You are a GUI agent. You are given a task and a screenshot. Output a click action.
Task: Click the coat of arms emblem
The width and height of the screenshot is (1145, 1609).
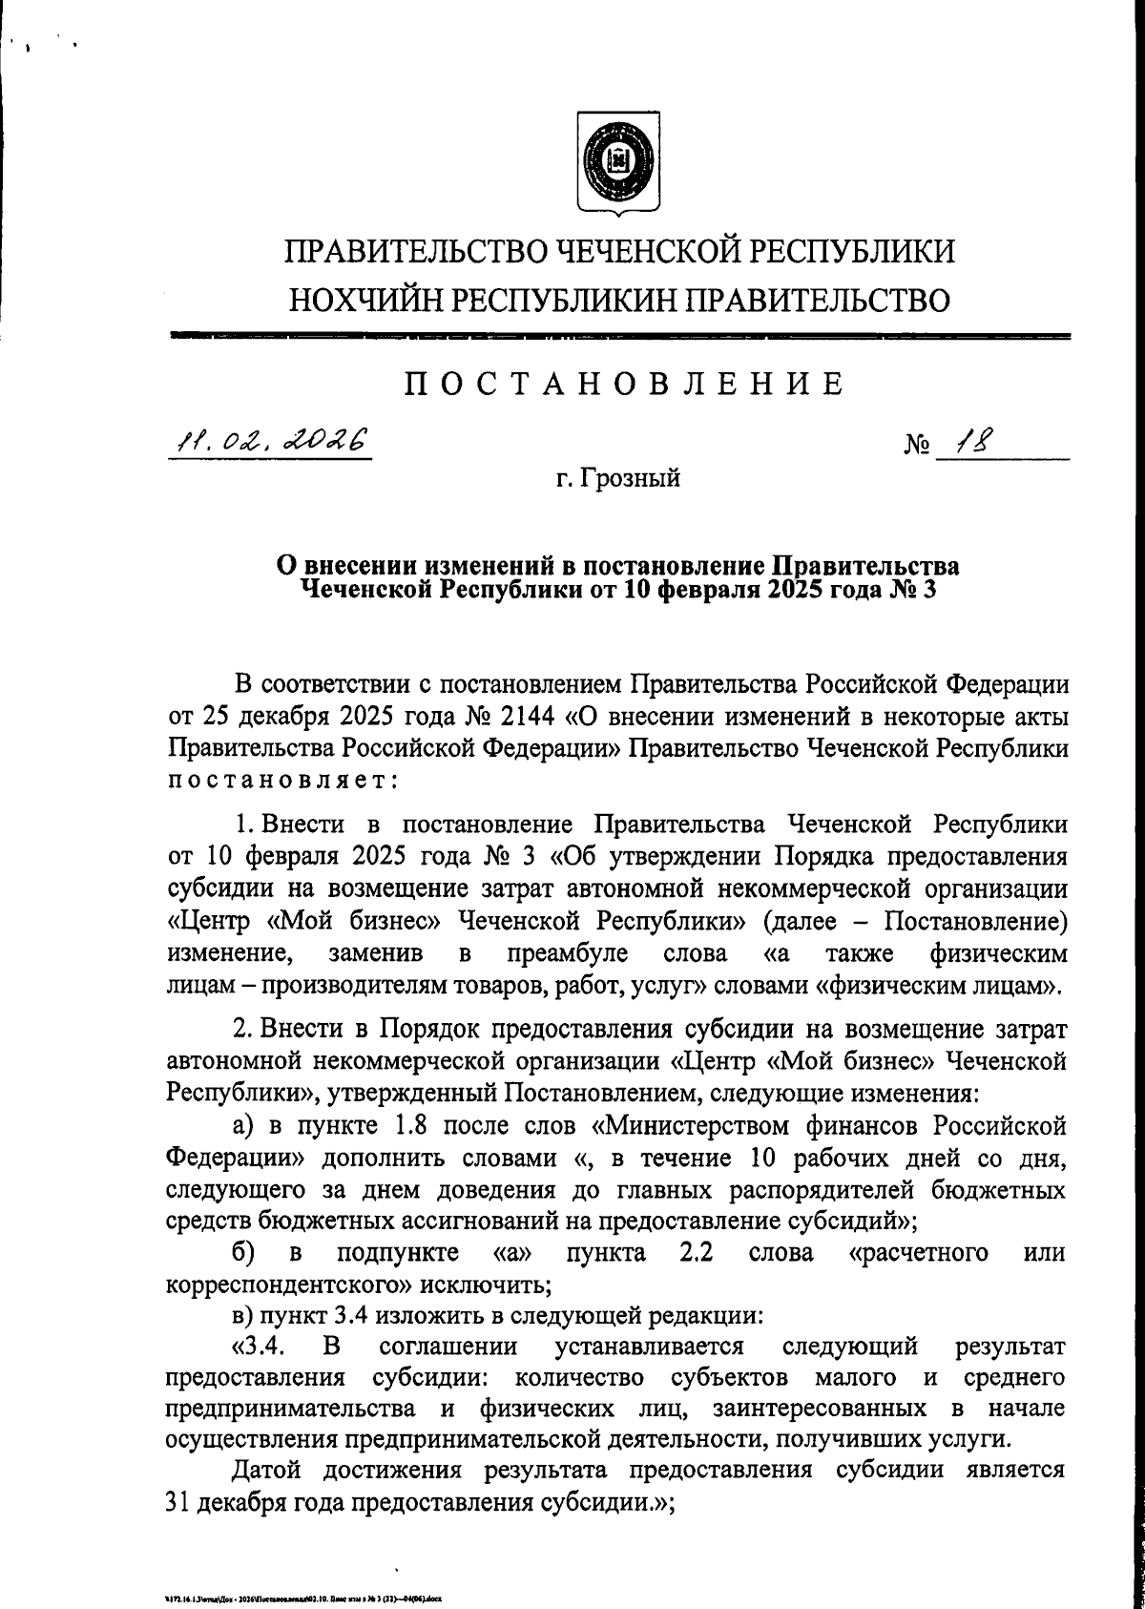[619, 159]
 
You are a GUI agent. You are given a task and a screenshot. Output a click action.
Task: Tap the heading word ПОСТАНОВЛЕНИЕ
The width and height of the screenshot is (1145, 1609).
[625, 384]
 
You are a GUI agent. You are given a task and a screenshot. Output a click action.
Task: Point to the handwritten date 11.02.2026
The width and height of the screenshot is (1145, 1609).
[269, 441]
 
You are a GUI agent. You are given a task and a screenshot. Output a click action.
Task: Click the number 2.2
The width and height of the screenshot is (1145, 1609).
[697, 1251]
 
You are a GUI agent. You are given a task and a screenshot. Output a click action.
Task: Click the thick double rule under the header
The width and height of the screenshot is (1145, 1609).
[618, 337]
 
